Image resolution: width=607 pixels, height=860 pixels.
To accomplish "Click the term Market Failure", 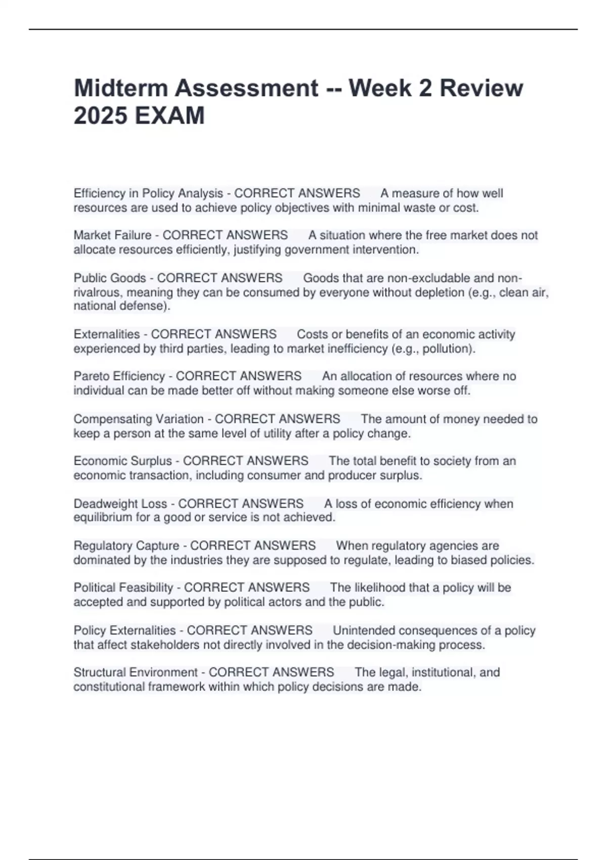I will [x=112, y=235].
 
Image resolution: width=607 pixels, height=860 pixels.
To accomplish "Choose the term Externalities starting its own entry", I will [x=106, y=334].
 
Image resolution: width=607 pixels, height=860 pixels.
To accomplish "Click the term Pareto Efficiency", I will [x=119, y=376].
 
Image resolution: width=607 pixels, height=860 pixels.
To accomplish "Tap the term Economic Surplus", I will [x=122, y=461].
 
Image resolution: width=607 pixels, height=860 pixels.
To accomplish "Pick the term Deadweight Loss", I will [x=120, y=504].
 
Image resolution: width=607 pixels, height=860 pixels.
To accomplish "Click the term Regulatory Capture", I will [x=126, y=546].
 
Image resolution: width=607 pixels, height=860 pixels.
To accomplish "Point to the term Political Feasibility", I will [x=123, y=588].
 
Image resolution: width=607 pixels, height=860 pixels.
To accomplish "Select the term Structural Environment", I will [x=135, y=672].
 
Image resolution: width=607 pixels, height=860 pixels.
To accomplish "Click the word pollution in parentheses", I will [x=447, y=349].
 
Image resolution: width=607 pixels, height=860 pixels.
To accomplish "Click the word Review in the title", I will [x=481, y=88].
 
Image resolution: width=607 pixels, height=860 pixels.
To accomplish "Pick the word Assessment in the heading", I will [x=247, y=88].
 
